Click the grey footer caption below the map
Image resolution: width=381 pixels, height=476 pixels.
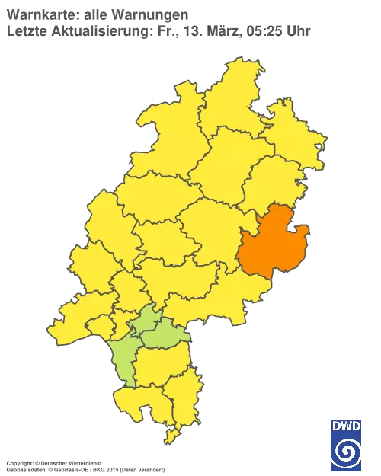pos(84,464)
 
